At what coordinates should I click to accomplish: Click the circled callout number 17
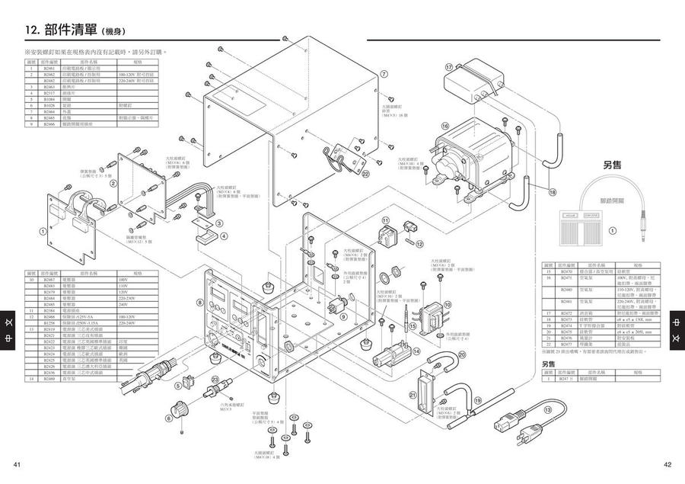click(x=449, y=68)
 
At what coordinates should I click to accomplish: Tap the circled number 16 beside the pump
click(x=444, y=125)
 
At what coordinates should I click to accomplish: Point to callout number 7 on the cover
click(x=384, y=74)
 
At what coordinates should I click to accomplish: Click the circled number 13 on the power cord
click(x=548, y=409)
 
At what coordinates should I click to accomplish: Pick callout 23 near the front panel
click(x=215, y=380)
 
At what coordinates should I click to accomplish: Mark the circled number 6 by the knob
click(x=168, y=418)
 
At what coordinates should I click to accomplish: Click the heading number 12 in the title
click(x=33, y=30)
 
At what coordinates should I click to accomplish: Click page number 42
click(x=667, y=464)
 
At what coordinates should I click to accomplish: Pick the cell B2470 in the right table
click(x=566, y=271)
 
